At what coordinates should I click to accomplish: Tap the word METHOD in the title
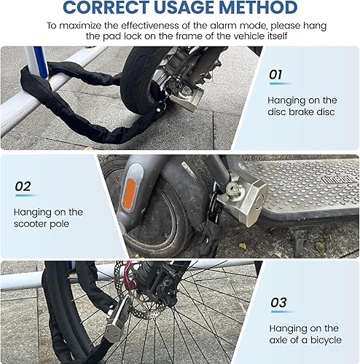(258, 8)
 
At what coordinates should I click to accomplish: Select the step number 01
(275, 74)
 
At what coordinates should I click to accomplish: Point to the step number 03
(278, 301)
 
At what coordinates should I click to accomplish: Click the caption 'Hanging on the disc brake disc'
(302, 106)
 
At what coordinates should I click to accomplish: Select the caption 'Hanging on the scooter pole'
(48, 218)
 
